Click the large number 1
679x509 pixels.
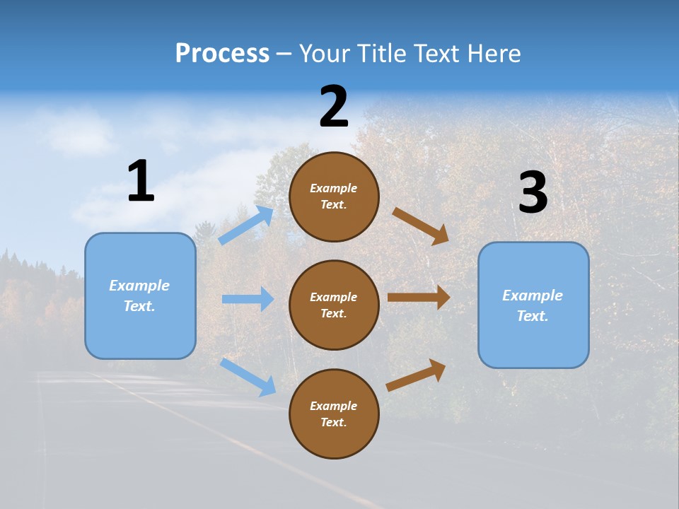pos(141,181)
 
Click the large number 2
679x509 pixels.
pos(334,107)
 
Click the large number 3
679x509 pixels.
pos(533,192)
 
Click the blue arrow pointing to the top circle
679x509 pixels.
pos(246,226)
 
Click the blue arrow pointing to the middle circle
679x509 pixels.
pos(248,299)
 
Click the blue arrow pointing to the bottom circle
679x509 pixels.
pos(248,376)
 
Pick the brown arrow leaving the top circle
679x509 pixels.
pos(421,226)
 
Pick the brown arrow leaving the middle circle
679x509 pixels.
pos(419,298)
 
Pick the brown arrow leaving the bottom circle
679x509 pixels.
pos(416,375)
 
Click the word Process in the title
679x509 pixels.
pos(222,53)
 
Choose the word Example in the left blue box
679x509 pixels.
pos(139,286)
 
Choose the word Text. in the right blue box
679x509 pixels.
pos(533,316)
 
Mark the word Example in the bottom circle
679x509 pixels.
pos(334,406)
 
